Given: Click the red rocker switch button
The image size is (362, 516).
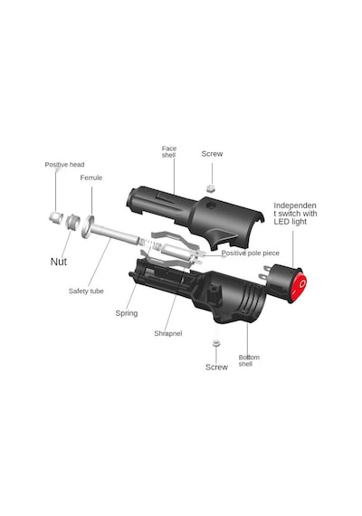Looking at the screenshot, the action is tap(300, 285).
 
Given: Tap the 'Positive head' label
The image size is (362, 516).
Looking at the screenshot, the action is tap(64, 165).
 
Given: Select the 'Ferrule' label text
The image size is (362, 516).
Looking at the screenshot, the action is tap(91, 177).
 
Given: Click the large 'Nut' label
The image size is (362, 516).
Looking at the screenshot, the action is tap(59, 262).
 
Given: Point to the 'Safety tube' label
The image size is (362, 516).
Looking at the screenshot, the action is tap(86, 291).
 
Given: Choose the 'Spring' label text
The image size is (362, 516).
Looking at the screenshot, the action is tap(127, 313).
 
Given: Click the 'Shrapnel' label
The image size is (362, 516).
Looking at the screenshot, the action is tap(168, 333).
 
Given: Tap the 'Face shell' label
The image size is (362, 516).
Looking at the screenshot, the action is tap(169, 152).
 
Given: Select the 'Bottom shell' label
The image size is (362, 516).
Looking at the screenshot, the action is tap(249, 360).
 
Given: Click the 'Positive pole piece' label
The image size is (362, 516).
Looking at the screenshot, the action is tap(251, 253).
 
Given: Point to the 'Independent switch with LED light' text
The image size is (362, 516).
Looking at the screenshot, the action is tap(295, 214).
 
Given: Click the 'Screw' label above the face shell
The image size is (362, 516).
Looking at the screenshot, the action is tap(212, 154).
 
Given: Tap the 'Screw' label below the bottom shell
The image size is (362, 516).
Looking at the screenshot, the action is tap(216, 368).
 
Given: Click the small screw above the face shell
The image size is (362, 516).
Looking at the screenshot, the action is tap(210, 188).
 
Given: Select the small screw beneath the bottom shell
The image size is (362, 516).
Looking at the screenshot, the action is tap(216, 342).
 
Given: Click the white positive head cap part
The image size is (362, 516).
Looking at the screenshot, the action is tap(56, 216).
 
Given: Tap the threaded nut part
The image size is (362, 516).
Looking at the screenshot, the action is tap(72, 221).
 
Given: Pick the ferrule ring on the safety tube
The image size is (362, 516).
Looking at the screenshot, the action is tap(88, 226).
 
